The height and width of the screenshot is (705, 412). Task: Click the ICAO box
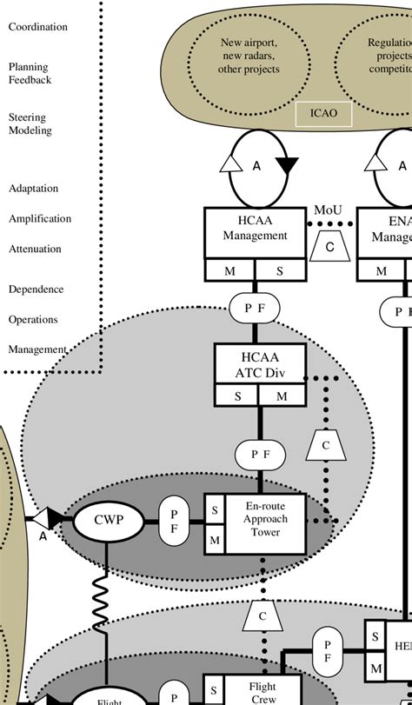324,113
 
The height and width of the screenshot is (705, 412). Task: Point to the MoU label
328,211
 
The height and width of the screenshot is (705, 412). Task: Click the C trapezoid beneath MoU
329,246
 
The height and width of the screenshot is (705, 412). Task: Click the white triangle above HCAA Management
229,163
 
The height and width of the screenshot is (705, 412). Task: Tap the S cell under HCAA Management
279,270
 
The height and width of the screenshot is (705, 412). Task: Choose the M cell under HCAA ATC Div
282,397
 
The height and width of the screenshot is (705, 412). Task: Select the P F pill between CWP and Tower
173,522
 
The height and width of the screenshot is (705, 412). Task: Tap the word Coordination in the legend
38,27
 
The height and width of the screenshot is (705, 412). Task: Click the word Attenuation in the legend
36,249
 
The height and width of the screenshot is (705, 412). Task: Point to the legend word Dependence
37,289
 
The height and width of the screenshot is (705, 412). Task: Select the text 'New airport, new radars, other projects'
249,55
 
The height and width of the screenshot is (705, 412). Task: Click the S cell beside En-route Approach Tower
214,510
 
